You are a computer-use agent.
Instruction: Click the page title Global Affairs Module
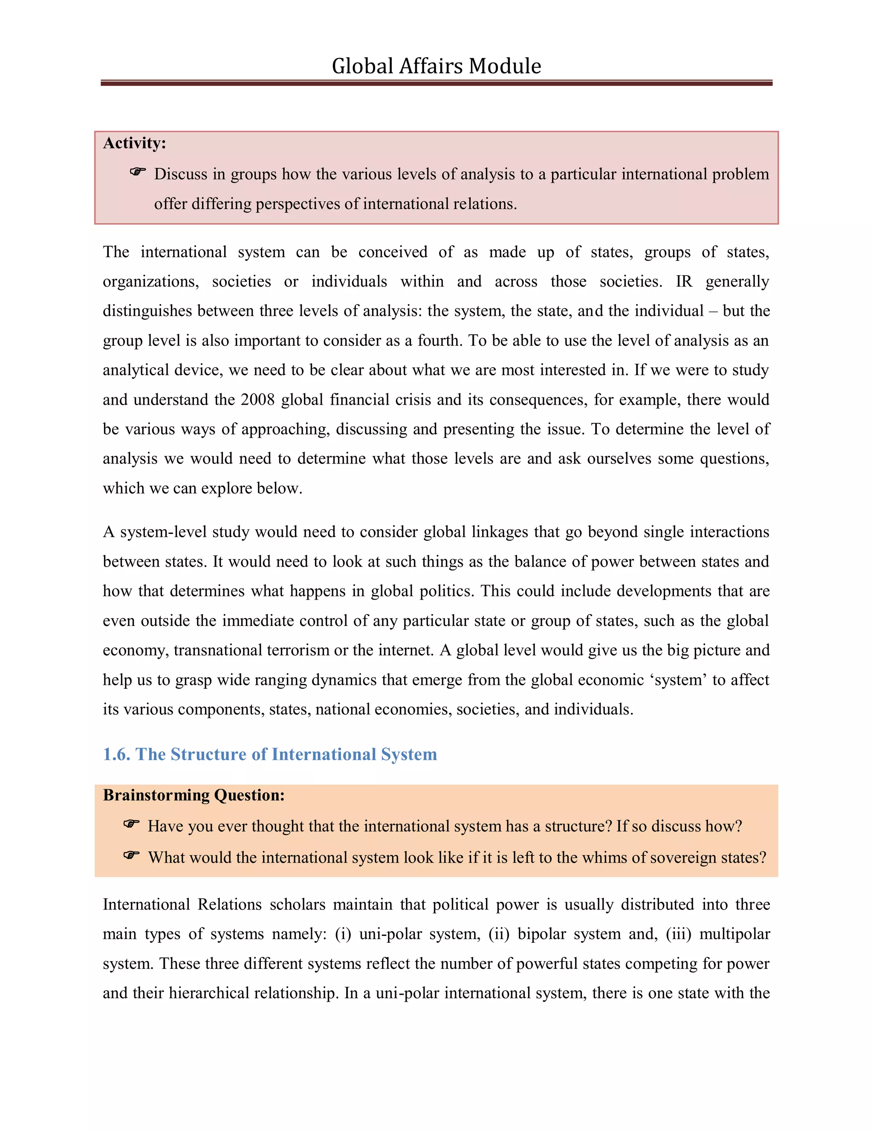tap(436, 66)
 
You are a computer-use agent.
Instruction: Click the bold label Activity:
tap(134, 143)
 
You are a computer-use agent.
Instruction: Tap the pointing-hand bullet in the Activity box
tap(138, 172)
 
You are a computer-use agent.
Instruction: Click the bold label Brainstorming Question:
tap(194, 795)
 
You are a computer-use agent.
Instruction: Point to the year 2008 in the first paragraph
tap(257, 400)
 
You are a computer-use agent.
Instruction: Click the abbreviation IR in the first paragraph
tap(683, 281)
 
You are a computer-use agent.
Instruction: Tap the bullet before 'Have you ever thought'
tap(131, 824)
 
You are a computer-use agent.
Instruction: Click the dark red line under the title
tap(436, 83)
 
